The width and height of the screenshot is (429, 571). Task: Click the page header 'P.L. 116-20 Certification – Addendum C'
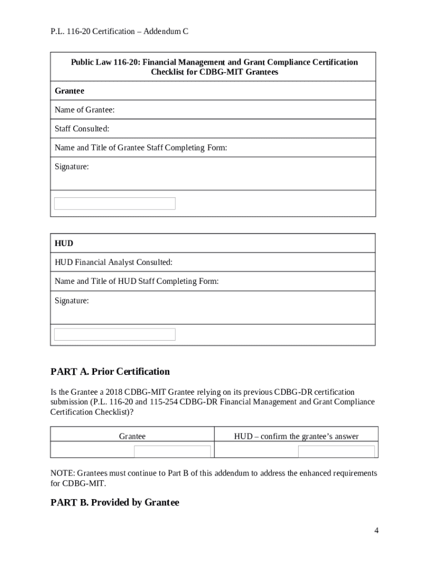coord(119,32)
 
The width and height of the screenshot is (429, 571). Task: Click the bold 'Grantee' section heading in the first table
coord(69,91)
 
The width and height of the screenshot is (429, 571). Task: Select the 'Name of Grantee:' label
coord(85,110)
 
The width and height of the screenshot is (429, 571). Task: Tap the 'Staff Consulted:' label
coord(82,129)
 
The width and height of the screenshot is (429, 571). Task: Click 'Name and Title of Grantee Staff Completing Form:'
coord(140,148)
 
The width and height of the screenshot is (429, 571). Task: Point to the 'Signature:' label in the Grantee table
coord(71,167)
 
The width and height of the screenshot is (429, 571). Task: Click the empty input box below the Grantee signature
coord(114,204)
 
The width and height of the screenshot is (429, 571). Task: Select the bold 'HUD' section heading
coord(64,244)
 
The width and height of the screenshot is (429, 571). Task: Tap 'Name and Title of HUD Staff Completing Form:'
coord(136,282)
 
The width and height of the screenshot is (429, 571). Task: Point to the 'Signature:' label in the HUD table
coord(71,301)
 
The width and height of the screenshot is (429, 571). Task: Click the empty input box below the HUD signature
coord(114,334)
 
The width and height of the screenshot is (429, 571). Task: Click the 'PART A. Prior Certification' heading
coord(110,371)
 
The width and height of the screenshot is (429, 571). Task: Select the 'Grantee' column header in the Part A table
coord(133,436)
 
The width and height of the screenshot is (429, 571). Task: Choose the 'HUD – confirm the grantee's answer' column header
coord(296,436)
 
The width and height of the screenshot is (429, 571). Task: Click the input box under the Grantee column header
coord(172,451)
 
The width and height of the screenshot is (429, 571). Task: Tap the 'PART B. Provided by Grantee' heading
coord(115,502)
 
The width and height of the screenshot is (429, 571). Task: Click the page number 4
coord(377,530)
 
